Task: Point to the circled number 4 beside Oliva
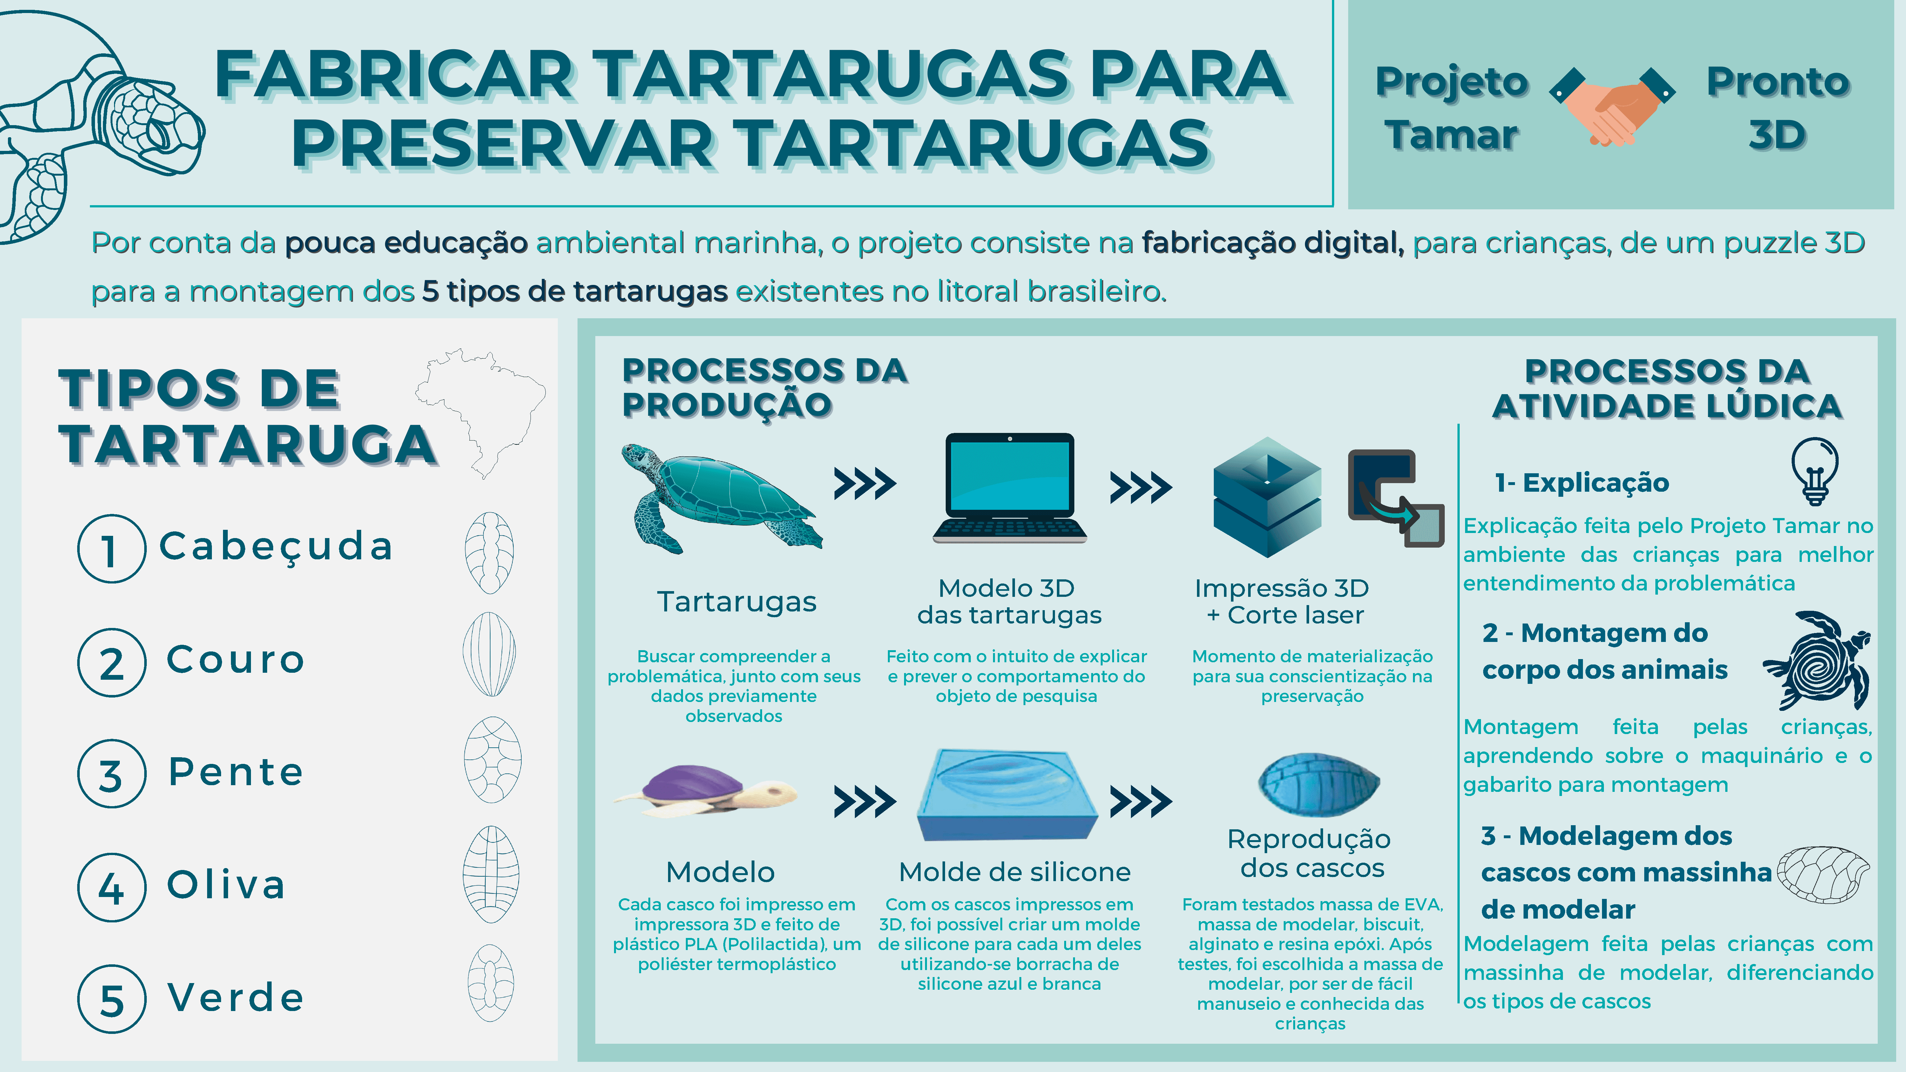[112, 887]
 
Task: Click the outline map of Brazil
[481, 413]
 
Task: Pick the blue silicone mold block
[1008, 795]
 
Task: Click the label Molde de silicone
[1014, 872]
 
